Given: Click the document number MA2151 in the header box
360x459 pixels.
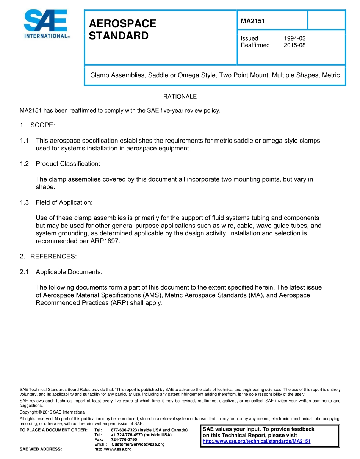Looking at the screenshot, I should click(x=252, y=21).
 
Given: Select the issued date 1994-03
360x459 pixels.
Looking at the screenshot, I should click(x=294, y=38).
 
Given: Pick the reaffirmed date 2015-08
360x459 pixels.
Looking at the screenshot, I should click(x=294, y=45).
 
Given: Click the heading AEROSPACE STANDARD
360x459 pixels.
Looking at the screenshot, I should click(x=122, y=30).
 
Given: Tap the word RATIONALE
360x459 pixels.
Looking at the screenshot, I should click(x=180, y=97).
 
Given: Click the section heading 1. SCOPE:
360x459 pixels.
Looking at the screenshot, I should click(x=38, y=125).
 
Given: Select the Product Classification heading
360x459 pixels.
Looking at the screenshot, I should click(x=68, y=164).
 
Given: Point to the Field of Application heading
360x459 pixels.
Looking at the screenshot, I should click(x=64, y=202).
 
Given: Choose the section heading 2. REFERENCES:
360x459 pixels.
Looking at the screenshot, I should click(x=48, y=257).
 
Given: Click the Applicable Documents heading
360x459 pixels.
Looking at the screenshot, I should click(x=69, y=272).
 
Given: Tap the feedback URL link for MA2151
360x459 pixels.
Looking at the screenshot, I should click(x=257, y=442).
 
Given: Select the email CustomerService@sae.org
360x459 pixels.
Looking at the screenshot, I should click(x=138, y=444).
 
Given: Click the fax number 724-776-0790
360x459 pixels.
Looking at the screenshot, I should click(x=124, y=439).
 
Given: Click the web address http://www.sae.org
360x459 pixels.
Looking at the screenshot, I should click(x=113, y=449).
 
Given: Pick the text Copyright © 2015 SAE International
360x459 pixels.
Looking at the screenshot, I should click(x=52, y=412).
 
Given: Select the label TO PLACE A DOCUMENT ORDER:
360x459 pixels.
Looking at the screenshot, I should click(x=53, y=430).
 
